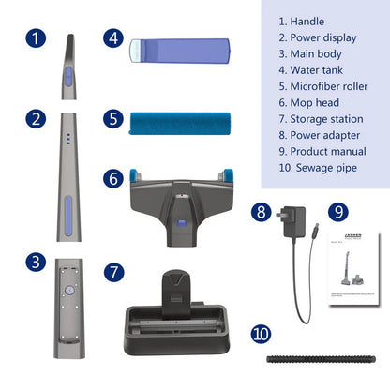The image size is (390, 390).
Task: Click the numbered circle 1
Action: pyautogui.click(x=36, y=38)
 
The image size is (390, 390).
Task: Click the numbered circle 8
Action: pyautogui.click(x=262, y=212)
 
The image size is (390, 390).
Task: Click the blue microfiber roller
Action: pyautogui.click(x=178, y=121)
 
